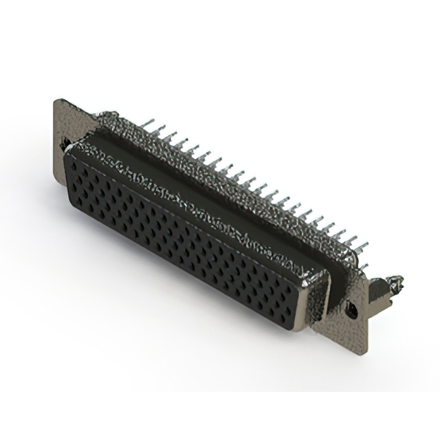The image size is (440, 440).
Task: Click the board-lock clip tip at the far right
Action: click(397, 282)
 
